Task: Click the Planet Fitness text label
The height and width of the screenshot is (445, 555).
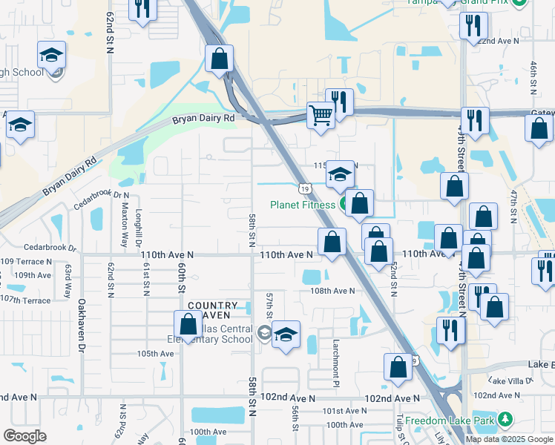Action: point(303,205)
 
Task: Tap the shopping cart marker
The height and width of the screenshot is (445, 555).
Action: point(321,116)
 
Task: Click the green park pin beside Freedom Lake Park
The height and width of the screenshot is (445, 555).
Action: point(505,421)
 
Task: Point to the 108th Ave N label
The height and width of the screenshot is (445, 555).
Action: point(332,291)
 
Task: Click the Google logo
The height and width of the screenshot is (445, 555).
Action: point(24,436)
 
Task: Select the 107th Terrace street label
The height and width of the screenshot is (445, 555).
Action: point(25,300)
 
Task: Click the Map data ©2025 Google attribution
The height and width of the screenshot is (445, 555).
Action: point(510,439)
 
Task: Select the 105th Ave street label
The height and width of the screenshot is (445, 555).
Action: point(155,354)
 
